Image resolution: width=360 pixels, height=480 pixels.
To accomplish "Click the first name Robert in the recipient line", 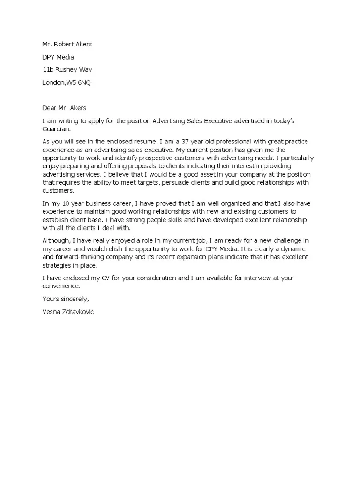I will coord(65,45).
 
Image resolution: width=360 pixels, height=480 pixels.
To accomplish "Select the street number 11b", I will coord(48,70).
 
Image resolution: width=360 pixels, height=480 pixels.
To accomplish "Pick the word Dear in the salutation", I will coord(49,108).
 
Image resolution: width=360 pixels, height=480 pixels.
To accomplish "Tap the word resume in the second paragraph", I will coord(131,141).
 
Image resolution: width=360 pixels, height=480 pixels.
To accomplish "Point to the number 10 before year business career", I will coord(59,203).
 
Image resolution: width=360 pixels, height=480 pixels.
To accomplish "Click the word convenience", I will coord(60,286).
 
